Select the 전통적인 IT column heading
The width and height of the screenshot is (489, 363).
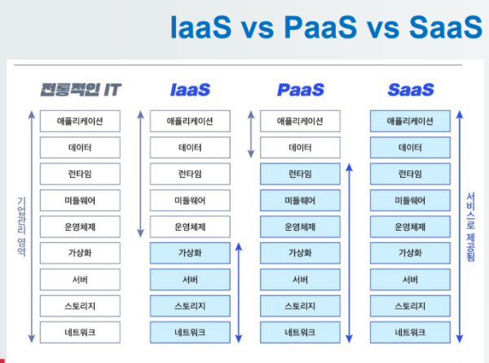point(80,89)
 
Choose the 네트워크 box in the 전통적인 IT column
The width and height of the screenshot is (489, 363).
point(80,332)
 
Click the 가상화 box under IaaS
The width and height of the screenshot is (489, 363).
point(190,253)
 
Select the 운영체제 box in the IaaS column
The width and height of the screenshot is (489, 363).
point(190,227)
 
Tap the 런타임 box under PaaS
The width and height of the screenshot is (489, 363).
point(300,174)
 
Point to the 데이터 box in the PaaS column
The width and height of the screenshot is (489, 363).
point(300,148)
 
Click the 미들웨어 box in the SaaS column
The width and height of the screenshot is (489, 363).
point(410,200)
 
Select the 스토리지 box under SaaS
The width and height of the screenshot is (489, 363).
point(410,306)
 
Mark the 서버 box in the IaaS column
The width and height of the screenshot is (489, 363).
point(190,280)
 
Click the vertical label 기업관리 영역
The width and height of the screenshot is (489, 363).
point(21,226)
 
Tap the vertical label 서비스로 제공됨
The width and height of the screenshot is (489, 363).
point(470,226)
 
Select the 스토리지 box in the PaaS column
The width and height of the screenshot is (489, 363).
point(300,306)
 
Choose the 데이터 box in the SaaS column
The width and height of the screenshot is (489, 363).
point(410,148)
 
